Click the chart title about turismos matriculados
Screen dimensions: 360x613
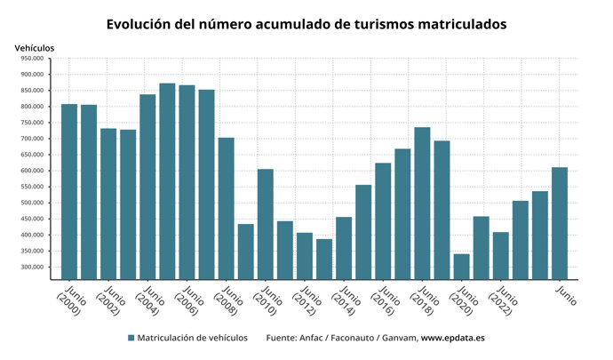[x=306, y=24]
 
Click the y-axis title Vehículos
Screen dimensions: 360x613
[x=35, y=46]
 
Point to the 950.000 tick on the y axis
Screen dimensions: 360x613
[x=32, y=59]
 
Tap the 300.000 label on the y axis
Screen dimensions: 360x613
[x=32, y=267]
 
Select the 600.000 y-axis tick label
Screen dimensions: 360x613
[x=32, y=171]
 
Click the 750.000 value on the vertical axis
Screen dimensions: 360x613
[x=32, y=123]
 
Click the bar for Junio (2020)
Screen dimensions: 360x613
[x=462, y=267]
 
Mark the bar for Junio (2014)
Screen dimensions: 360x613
[x=344, y=248]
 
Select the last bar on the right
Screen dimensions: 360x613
[x=560, y=223]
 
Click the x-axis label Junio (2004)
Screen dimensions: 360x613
[x=147, y=301]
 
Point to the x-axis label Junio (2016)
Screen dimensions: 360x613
[x=383, y=301]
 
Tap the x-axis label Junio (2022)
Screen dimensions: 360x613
[x=501, y=301]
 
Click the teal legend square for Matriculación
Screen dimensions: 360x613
[x=131, y=338]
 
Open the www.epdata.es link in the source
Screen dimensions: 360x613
[x=453, y=338]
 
